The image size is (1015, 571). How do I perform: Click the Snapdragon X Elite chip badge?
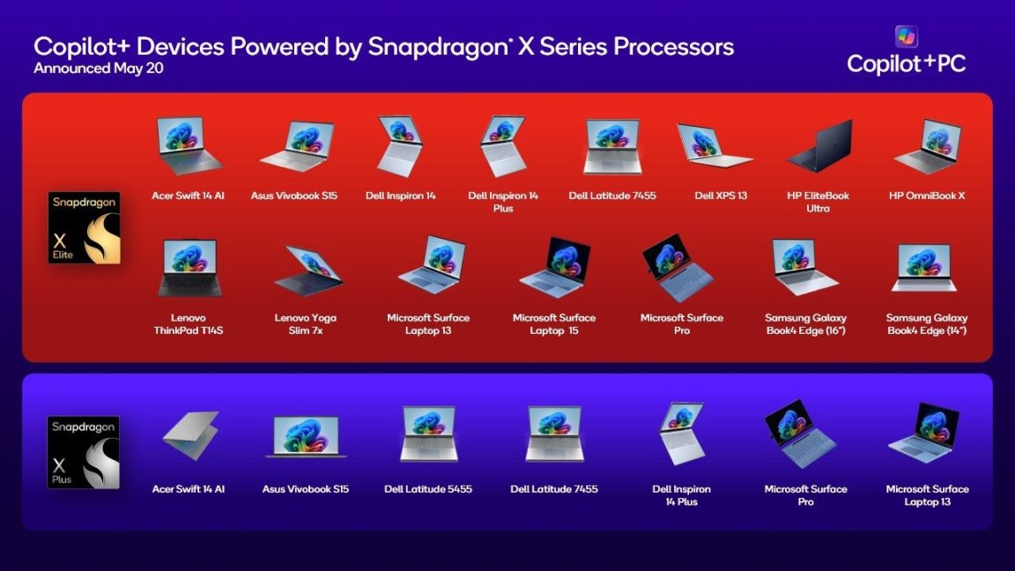pyautogui.click(x=84, y=228)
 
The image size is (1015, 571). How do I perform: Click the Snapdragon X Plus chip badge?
pyautogui.click(x=83, y=453)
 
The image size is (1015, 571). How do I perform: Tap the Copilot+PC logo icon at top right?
pyautogui.click(x=907, y=36)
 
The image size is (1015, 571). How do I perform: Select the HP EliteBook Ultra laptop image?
pyautogui.click(x=819, y=146)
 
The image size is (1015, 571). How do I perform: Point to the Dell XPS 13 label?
pyautogui.click(x=721, y=196)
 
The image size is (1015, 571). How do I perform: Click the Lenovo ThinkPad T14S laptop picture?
pyautogui.click(x=189, y=268)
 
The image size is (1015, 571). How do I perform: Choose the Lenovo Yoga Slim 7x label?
pyautogui.click(x=306, y=323)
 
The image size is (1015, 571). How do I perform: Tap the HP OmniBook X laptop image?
pyautogui.click(x=927, y=146)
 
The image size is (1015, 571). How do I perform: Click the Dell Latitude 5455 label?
pyautogui.click(x=428, y=489)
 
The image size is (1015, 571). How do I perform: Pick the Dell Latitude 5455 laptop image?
pyautogui.click(x=429, y=434)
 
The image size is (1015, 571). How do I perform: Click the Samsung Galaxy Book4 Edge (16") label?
pyautogui.click(x=805, y=323)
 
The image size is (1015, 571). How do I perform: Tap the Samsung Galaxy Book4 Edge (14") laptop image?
pyautogui.click(x=926, y=268)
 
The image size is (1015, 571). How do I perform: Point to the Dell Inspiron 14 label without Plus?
pyautogui.click(x=401, y=196)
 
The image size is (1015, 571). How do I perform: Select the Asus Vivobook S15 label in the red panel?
pyautogui.click(x=293, y=196)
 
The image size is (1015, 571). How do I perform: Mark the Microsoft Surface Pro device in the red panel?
pyautogui.click(x=678, y=268)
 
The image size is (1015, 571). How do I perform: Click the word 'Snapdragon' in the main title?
pyautogui.click(x=433, y=47)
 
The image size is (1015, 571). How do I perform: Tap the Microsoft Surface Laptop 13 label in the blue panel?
pyautogui.click(x=927, y=495)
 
